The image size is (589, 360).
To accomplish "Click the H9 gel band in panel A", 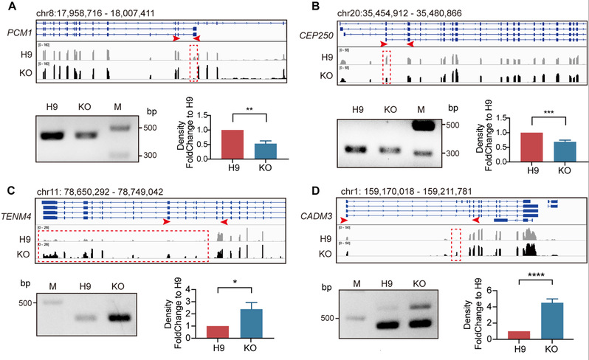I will click(x=54, y=135).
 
